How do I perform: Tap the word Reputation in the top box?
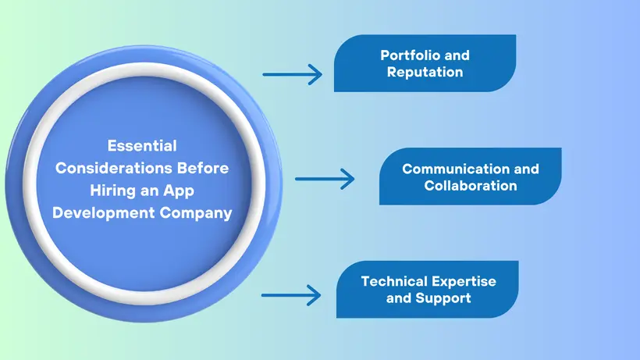425,72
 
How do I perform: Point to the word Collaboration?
471,186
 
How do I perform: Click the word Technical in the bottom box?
393,281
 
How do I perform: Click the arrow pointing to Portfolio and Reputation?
292,75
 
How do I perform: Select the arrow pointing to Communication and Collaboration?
324,179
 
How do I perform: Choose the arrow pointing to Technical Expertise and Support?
291,295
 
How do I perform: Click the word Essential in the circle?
142,145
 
